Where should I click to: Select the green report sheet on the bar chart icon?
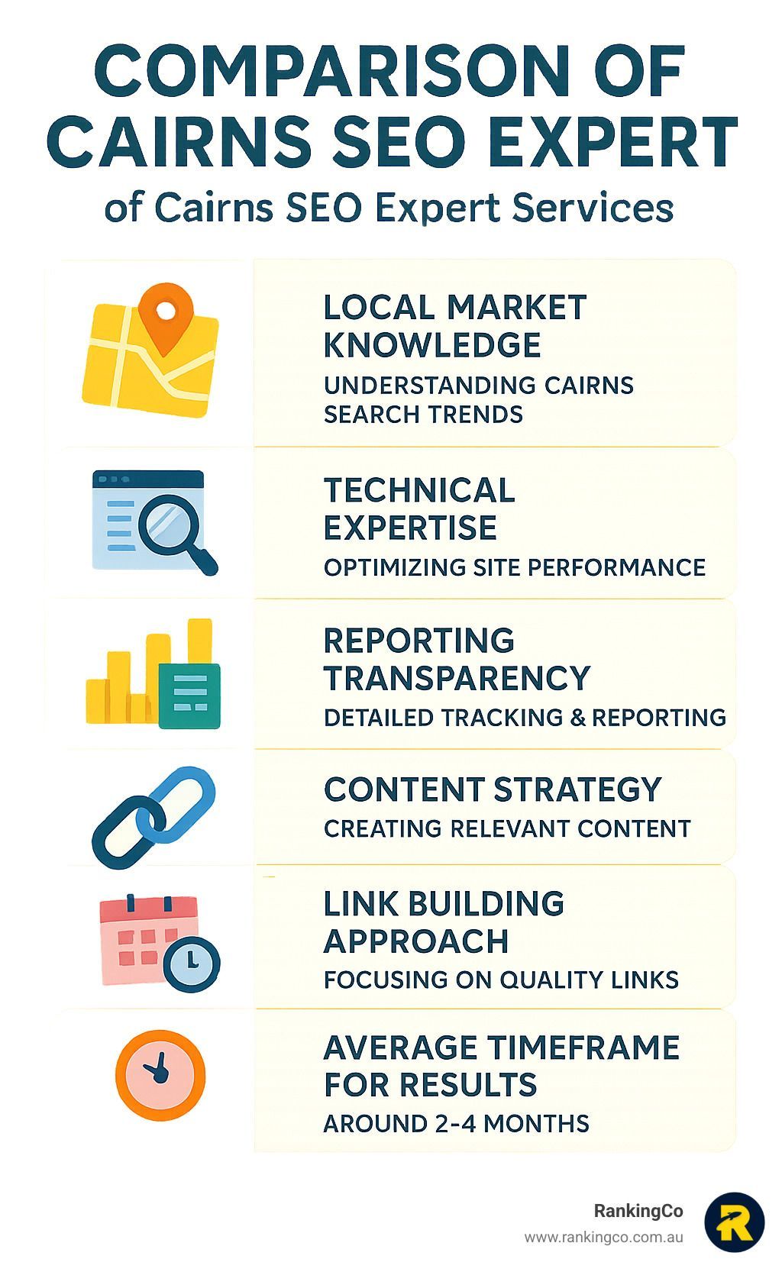tap(189, 696)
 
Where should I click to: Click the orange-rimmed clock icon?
tap(160, 1075)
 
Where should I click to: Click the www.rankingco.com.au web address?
tap(603, 1238)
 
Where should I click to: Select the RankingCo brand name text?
tap(638, 1211)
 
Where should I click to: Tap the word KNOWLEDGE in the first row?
tap(432, 345)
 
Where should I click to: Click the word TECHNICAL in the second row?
tap(419, 490)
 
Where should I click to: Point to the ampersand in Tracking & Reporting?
tap(577, 718)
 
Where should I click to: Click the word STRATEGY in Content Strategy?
tap(578, 789)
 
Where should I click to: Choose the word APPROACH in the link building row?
tap(416, 941)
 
